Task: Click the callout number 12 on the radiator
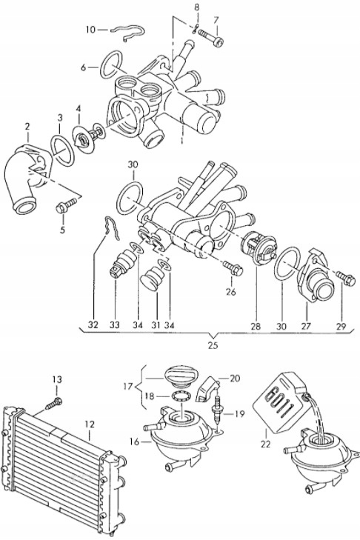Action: [x=89, y=424]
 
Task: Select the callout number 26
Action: [x=230, y=291]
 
